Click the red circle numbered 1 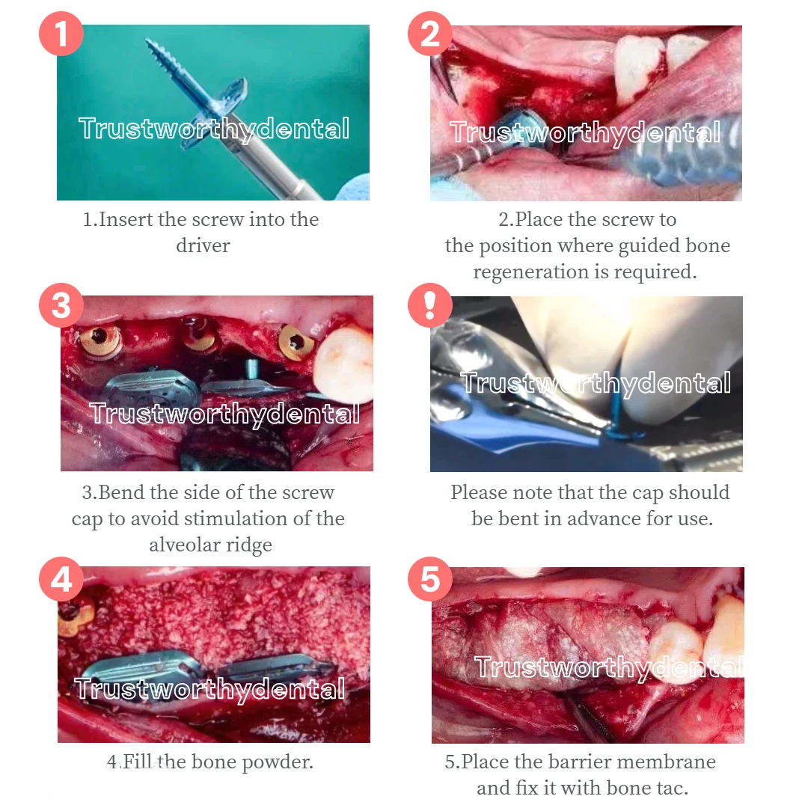[61, 34]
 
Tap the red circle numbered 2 [430, 34]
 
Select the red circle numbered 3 [61, 305]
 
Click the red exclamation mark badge [430, 305]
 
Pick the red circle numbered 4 [61, 578]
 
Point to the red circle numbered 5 [430, 578]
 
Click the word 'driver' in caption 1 [203, 246]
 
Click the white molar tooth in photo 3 [344, 365]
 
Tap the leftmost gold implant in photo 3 [100, 341]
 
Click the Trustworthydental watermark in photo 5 [609, 668]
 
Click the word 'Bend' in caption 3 [122, 492]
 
